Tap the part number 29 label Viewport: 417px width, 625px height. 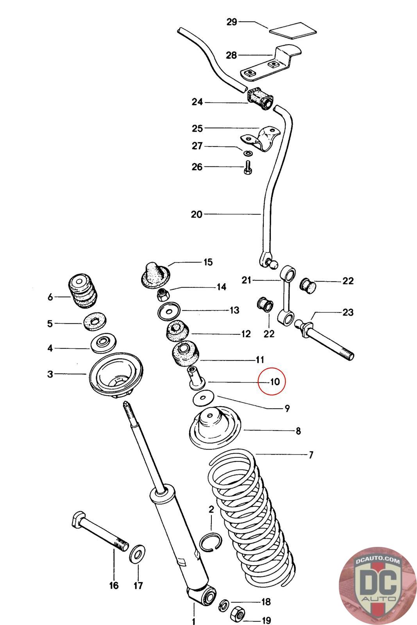pos(232,22)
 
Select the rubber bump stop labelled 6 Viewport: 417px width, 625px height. pos(82,292)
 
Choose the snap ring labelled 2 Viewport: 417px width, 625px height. pos(210,542)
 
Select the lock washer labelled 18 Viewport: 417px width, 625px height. pos(224,605)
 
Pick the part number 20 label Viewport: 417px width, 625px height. pos(197,214)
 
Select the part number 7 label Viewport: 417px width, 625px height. pos(311,455)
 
